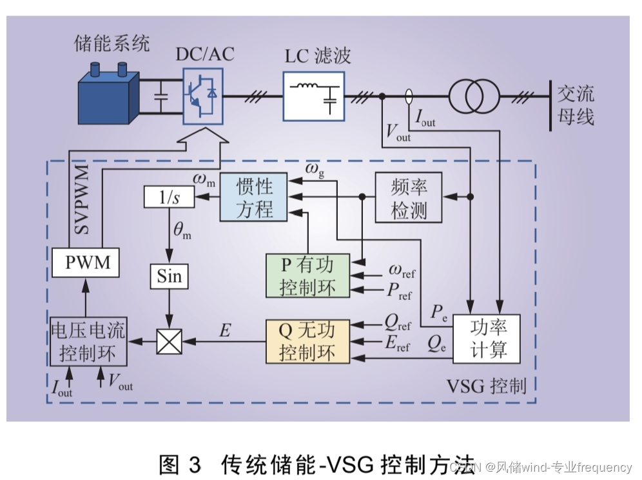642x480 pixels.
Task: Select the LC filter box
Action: point(314,94)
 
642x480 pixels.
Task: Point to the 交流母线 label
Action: point(576,106)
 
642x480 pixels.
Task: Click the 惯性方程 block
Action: point(254,197)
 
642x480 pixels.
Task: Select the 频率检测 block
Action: point(409,197)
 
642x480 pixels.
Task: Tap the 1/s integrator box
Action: point(169,197)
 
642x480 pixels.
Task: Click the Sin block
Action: point(170,276)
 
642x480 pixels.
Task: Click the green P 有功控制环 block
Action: point(307,275)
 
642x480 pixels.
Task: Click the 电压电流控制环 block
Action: point(89,343)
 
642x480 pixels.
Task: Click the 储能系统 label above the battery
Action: point(112,44)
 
